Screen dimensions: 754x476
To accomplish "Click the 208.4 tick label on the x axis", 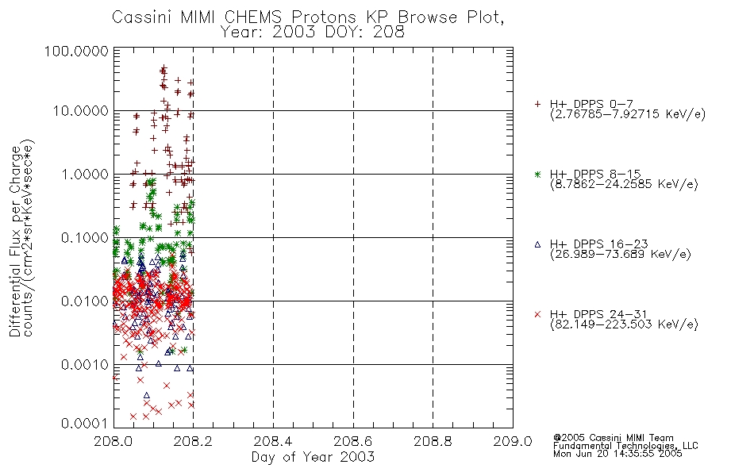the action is [273, 441].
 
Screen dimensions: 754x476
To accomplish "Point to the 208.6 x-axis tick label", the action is [353, 441].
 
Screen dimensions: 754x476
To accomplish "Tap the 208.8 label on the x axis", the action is [433, 441].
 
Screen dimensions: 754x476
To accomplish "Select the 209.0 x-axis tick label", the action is [513, 441].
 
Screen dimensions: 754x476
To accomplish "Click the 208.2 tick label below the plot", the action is [194, 441].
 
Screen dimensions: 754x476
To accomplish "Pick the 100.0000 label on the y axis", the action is [76, 51].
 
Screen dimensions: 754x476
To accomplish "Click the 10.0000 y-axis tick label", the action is [80, 111].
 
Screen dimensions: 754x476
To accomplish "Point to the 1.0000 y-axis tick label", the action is [85, 174].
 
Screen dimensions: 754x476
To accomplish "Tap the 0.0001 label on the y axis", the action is [85, 424].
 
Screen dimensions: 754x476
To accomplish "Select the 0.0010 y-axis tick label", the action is [85, 365].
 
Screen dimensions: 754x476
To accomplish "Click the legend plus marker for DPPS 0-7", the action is [537, 104].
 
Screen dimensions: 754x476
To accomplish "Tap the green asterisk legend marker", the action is [537, 174].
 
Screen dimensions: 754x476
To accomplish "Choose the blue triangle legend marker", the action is [537, 244].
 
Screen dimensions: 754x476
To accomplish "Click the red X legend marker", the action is [537, 314].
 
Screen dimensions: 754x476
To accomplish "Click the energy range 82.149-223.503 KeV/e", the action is [624, 324].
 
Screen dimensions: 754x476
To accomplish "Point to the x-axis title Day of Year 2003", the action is [313, 457].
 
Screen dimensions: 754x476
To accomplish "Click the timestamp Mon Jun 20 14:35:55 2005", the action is [617, 454].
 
